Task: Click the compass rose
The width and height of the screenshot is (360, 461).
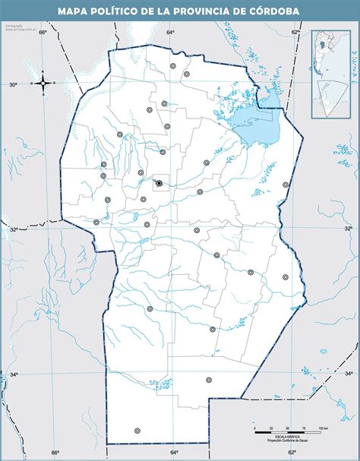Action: coord(43,84)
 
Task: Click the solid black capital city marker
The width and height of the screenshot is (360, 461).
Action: coord(159,183)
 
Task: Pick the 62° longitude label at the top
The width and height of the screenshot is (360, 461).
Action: coord(294,32)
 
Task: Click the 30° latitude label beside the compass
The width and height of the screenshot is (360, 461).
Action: coord(13,85)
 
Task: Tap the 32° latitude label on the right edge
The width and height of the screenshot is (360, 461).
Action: coord(349,228)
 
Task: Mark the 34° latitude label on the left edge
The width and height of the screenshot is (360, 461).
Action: coord(14,374)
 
